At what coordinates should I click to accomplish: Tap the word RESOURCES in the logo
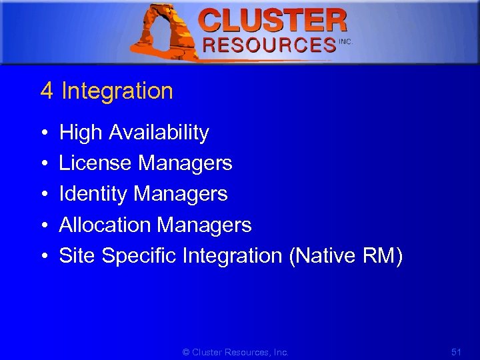[269, 45]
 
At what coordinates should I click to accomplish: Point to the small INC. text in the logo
[345, 41]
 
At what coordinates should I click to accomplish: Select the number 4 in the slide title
[46, 91]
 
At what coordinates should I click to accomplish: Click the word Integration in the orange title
[117, 91]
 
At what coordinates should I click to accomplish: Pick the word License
[96, 163]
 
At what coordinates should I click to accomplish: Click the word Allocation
[105, 225]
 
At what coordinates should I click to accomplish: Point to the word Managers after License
[185, 163]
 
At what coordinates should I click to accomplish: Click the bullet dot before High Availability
[43, 134]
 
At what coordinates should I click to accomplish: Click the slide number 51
[455, 351]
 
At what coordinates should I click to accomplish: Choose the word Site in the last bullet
[77, 256]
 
